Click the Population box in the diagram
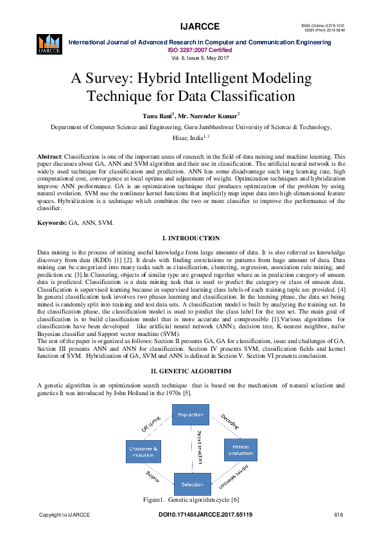tap(191, 414)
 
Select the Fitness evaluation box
tap(240, 449)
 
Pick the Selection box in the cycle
tap(191, 483)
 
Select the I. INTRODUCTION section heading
tap(191, 238)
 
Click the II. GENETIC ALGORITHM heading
tap(191, 371)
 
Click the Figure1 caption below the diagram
tap(191, 499)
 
